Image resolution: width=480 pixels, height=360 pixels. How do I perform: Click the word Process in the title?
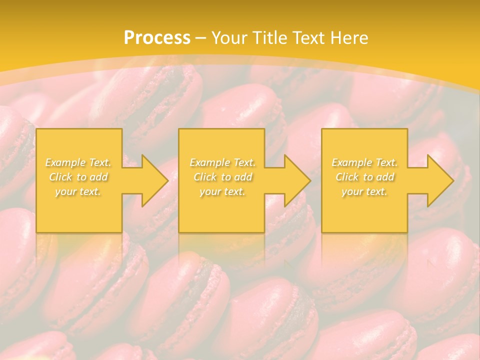(x=157, y=37)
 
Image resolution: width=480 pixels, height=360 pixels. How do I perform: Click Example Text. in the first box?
(x=78, y=162)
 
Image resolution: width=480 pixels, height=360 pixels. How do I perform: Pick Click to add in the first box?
(x=78, y=177)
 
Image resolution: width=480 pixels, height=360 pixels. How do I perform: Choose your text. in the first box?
(x=78, y=191)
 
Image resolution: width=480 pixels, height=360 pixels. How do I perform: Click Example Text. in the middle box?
(x=222, y=162)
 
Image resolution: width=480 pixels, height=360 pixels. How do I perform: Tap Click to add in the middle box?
(x=222, y=177)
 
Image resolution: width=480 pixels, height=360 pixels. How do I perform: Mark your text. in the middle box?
(x=222, y=191)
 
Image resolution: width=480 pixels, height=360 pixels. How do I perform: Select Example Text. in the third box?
(x=364, y=162)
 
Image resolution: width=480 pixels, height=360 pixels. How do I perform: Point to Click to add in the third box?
(x=364, y=177)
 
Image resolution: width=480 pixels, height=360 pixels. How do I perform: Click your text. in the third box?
(x=364, y=191)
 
